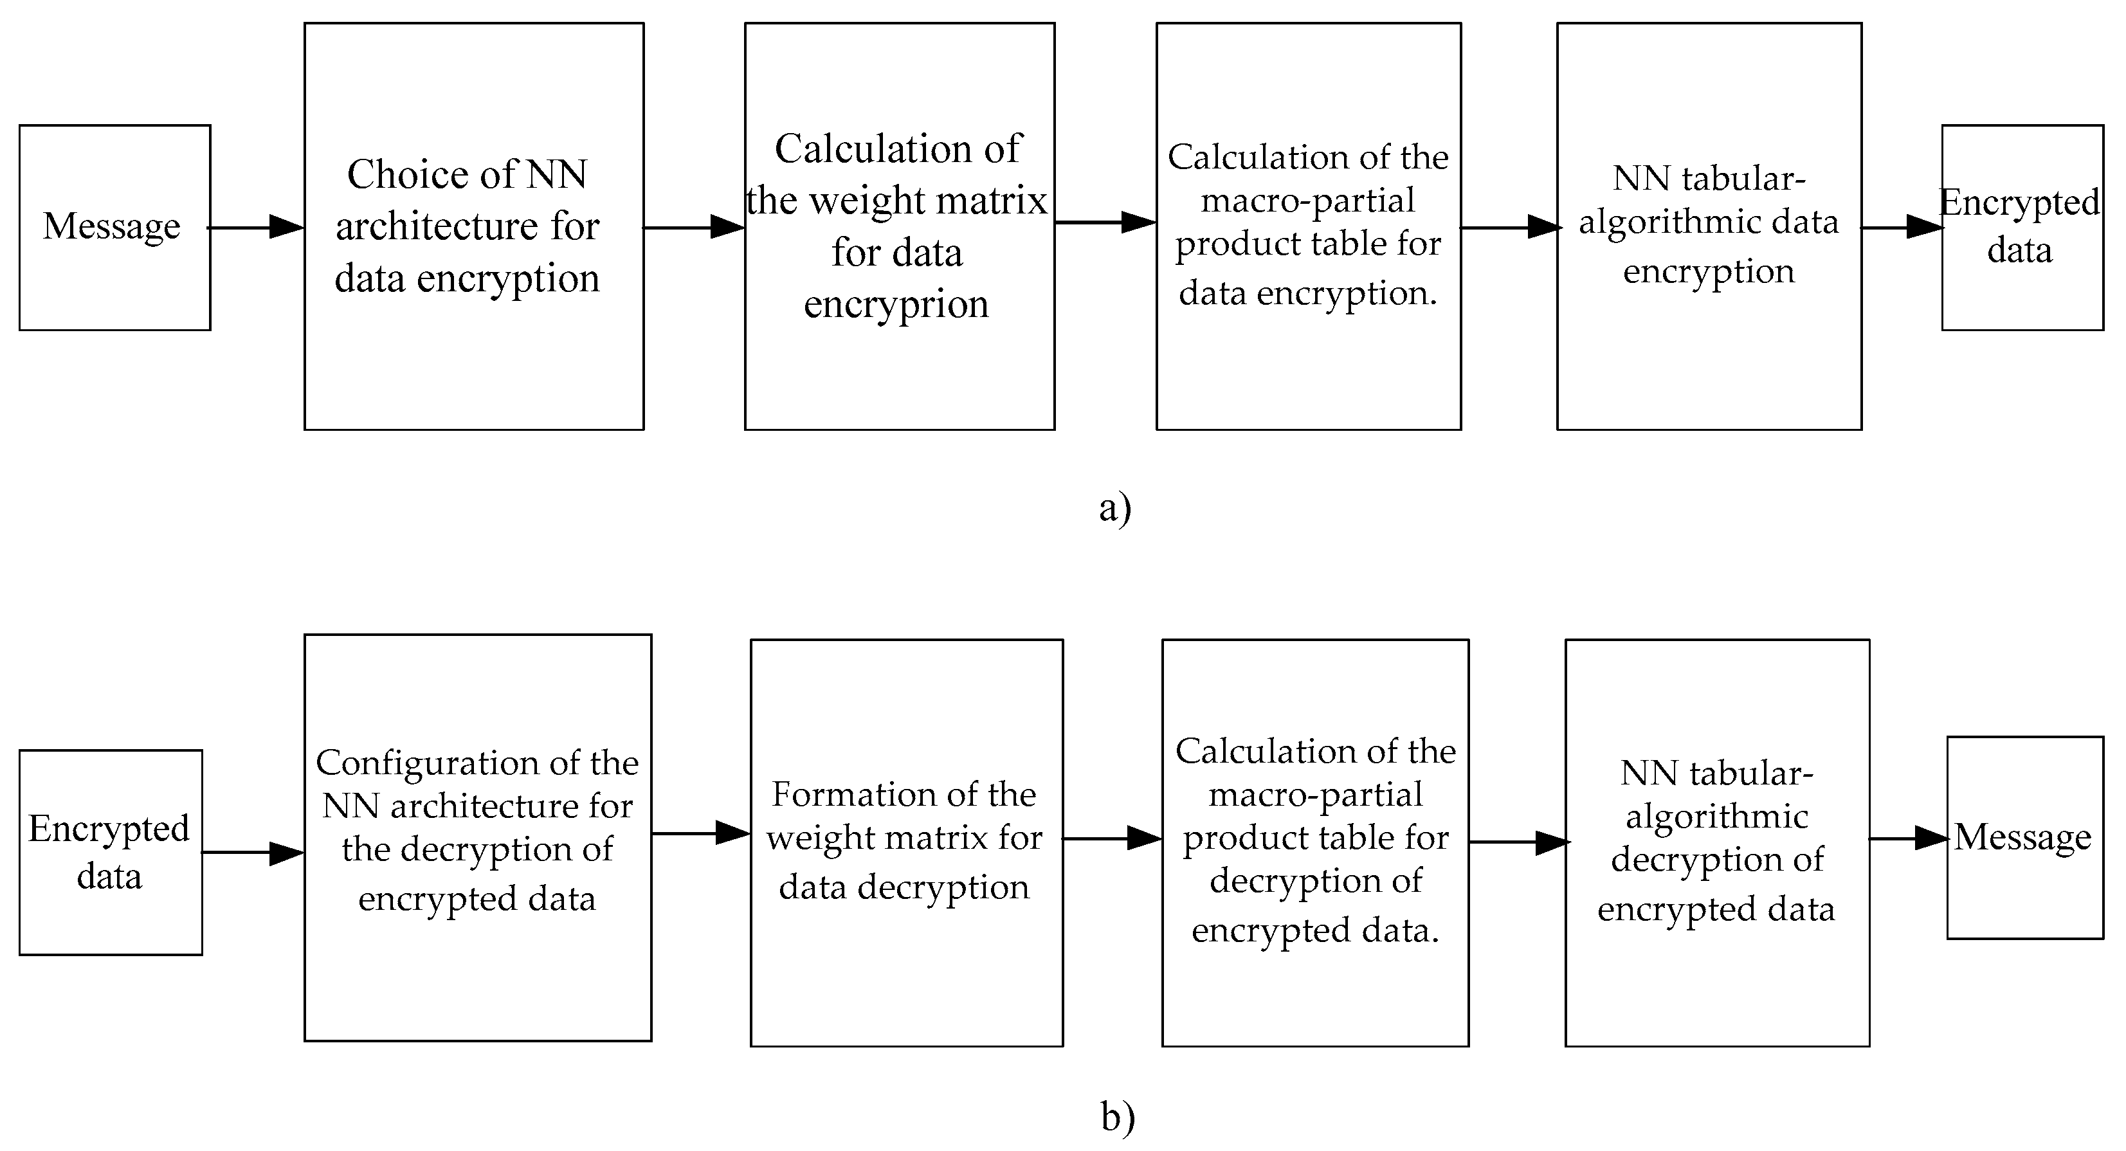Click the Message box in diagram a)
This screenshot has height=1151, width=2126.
114,227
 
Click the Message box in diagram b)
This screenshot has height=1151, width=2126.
2024,837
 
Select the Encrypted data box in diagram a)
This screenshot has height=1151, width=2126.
2021,227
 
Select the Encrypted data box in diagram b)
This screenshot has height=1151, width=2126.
111,851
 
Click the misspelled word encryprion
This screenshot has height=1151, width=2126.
896,304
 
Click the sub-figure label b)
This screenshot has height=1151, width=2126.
1118,1117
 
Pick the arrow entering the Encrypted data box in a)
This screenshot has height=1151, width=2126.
1903,227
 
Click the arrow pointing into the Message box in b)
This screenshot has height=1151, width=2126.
1909,838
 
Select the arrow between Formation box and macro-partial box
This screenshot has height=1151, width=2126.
1113,838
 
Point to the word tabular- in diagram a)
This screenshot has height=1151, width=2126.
1744,179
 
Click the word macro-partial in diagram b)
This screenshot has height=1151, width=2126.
1316,795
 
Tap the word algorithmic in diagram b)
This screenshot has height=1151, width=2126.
1716,817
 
